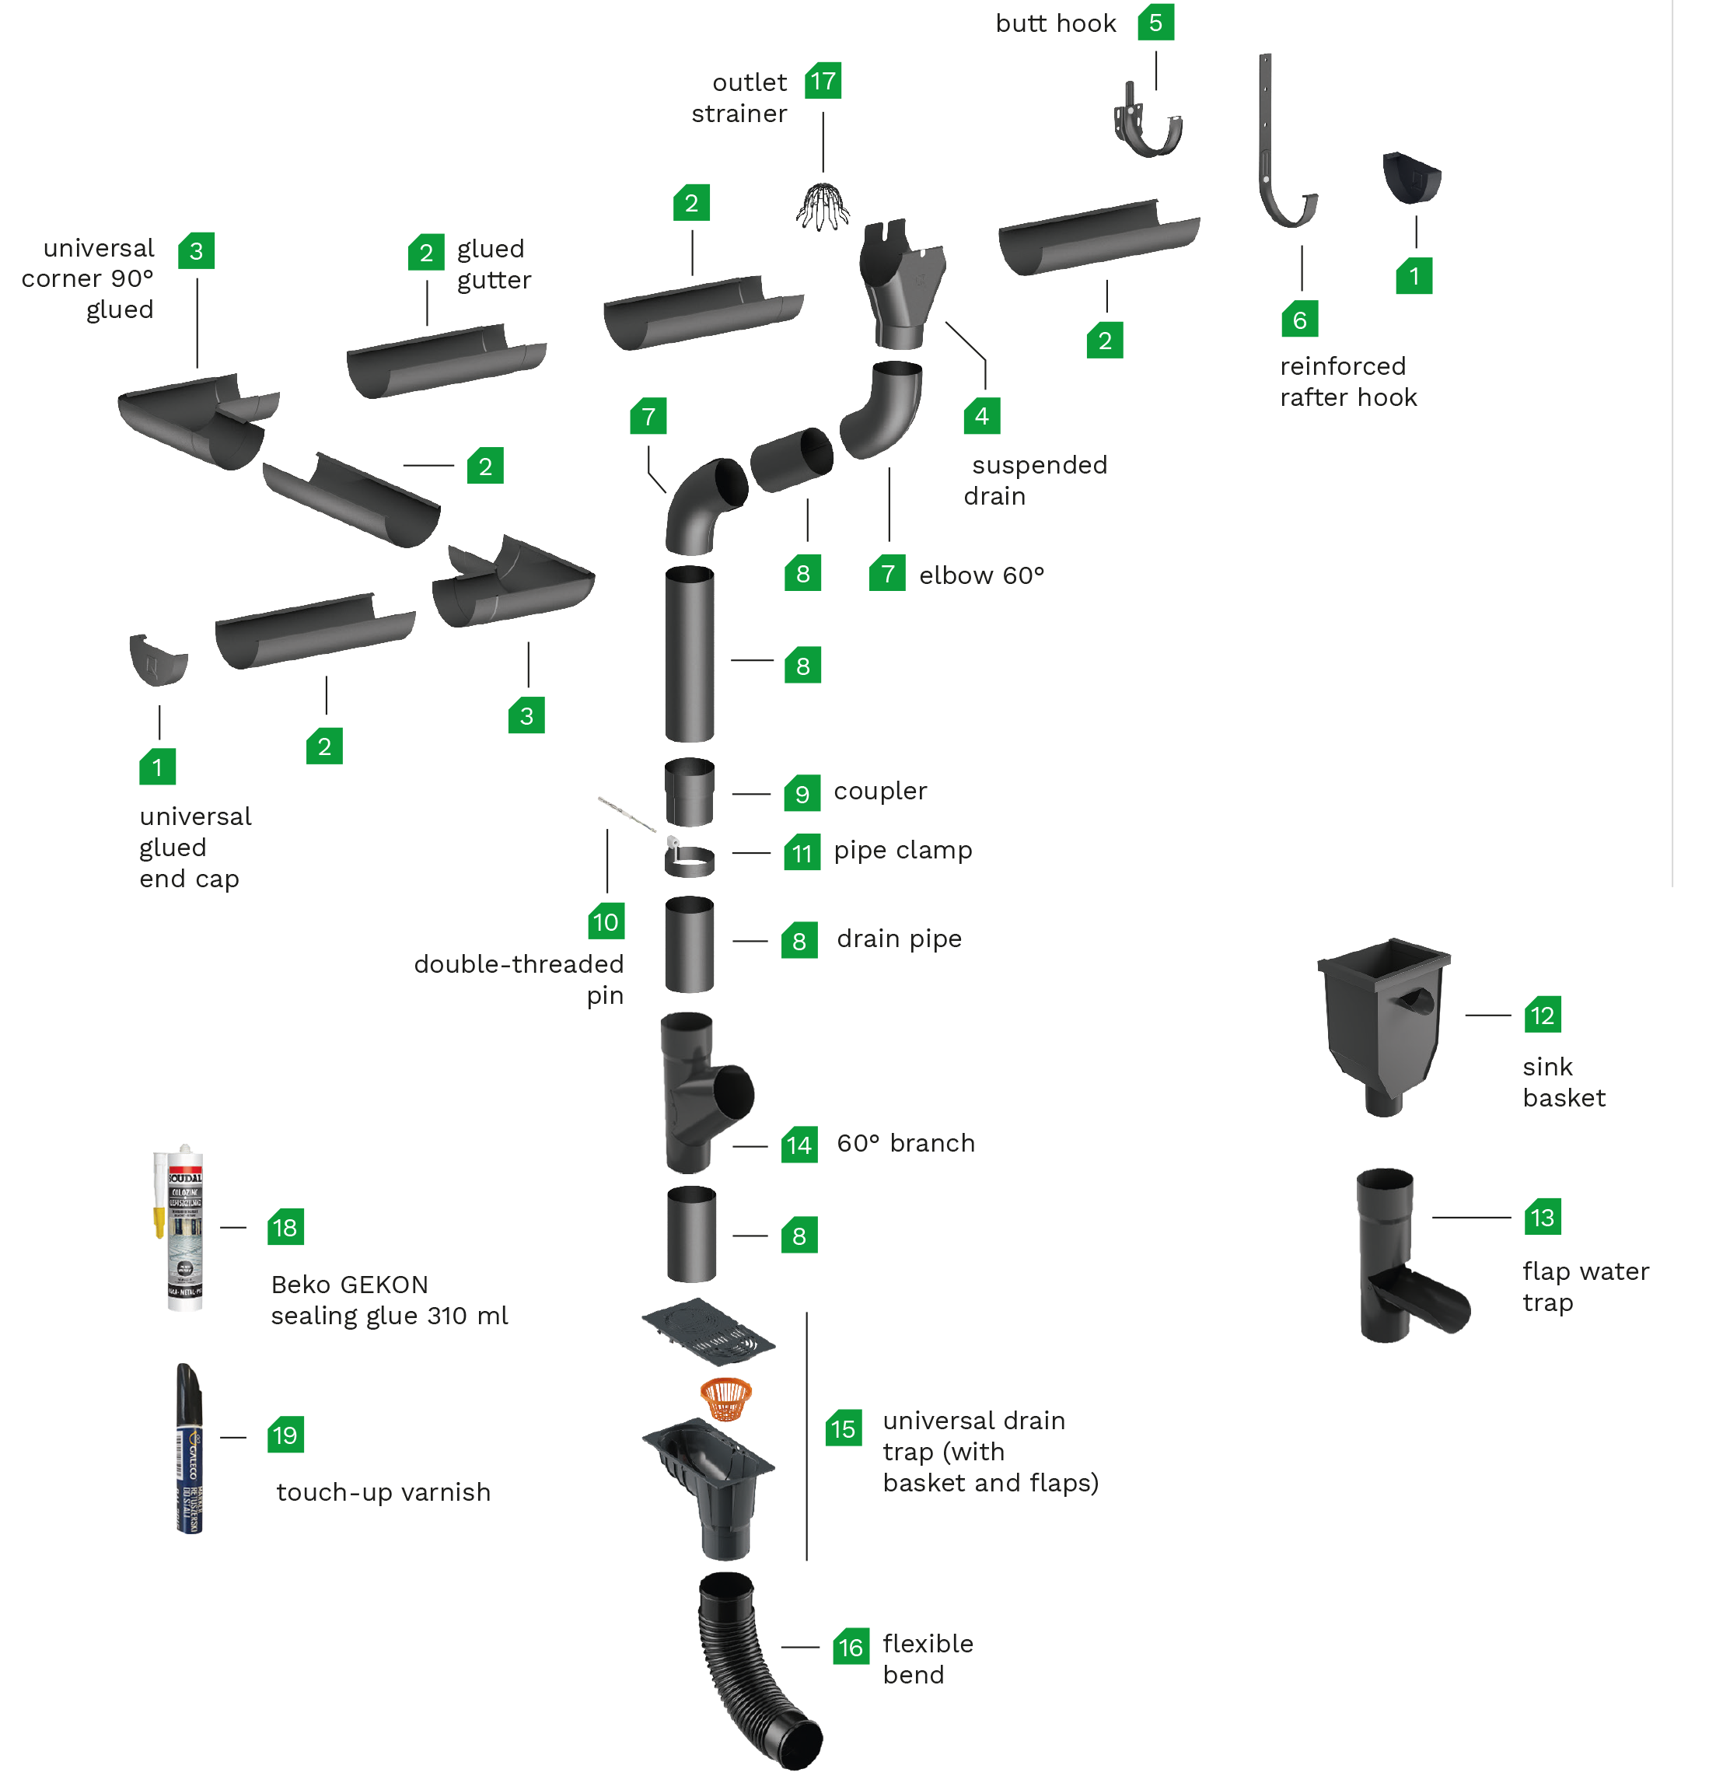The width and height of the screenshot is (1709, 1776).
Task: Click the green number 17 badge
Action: click(x=823, y=81)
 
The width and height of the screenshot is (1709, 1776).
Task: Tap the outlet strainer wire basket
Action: click(x=823, y=208)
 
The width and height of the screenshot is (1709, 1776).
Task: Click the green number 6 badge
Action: click(x=1299, y=320)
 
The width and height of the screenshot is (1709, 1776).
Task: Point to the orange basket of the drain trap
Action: click(x=726, y=1399)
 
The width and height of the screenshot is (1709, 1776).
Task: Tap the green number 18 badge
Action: click(x=285, y=1228)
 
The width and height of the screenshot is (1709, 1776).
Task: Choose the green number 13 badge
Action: click(x=1543, y=1217)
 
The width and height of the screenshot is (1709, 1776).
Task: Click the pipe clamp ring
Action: click(x=689, y=861)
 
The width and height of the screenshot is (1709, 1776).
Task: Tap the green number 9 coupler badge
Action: click(x=802, y=794)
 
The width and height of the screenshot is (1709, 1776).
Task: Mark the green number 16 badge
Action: click(x=850, y=1648)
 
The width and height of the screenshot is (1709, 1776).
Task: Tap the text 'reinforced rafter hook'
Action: click(x=1347, y=382)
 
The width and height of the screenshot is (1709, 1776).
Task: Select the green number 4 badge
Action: click(x=981, y=416)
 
